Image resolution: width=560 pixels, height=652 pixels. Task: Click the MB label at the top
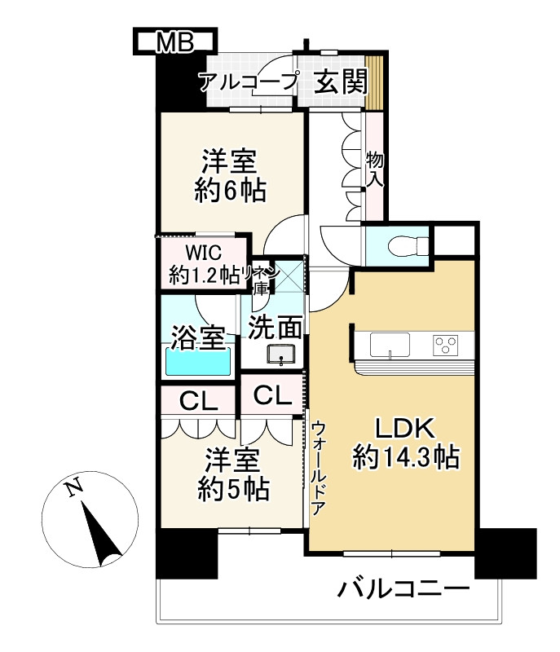[175, 42]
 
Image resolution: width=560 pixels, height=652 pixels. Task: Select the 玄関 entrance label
[341, 81]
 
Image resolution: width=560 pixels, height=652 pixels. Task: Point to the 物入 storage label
[374, 170]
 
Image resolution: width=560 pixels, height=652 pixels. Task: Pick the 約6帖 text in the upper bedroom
[230, 192]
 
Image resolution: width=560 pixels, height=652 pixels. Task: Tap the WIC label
[203, 253]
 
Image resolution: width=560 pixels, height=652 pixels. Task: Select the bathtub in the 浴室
[199, 362]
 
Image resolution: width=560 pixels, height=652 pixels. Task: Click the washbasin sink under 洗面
[281, 355]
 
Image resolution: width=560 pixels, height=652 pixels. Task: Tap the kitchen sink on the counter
[390, 345]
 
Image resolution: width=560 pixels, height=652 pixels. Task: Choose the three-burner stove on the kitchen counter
[445, 345]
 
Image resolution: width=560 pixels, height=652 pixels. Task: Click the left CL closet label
[199, 401]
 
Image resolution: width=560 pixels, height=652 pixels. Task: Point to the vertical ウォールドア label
[319, 468]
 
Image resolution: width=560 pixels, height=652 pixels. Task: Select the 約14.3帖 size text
[406, 457]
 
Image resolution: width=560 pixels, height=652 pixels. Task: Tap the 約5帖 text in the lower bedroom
[233, 490]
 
